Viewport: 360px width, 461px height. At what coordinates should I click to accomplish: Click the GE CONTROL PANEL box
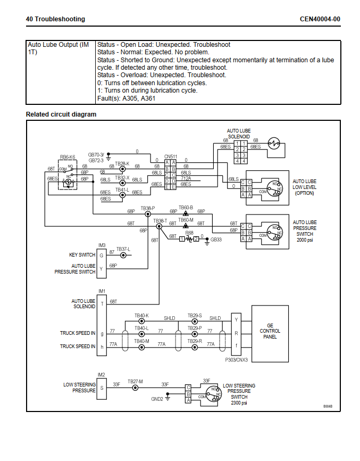tap(270, 334)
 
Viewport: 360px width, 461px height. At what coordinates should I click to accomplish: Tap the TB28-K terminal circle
tap(122, 169)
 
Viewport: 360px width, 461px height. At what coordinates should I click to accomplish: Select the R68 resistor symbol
tap(189, 238)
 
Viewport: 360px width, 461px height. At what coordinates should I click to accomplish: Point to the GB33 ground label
tap(216, 240)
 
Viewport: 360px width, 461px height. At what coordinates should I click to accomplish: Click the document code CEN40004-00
tap(320, 19)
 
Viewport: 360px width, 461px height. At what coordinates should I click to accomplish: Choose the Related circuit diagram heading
tap(61, 114)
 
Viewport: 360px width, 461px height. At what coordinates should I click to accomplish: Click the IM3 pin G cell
tap(102, 255)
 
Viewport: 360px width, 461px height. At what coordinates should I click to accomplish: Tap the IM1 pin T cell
tap(102, 304)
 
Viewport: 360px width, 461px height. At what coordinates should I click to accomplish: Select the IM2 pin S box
tap(102, 388)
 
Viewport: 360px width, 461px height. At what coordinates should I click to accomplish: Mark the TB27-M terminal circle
tap(135, 388)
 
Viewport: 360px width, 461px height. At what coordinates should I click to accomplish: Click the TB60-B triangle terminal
tap(186, 213)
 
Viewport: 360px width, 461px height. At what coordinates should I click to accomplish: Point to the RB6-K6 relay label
tap(68, 157)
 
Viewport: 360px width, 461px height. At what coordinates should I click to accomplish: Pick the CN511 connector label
tap(171, 157)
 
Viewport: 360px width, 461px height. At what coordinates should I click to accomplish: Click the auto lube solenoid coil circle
tap(274, 144)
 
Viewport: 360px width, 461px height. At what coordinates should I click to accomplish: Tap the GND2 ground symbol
tap(168, 398)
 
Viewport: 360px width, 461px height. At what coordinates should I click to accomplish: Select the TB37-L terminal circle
tap(123, 255)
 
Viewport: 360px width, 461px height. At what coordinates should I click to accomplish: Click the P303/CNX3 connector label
tap(237, 360)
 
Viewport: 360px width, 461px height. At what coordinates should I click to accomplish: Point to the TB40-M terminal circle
tap(141, 347)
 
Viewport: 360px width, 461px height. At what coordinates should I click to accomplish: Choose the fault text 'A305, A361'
tap(139, 98)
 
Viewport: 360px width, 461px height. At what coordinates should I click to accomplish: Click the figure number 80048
tap(328, 406)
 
